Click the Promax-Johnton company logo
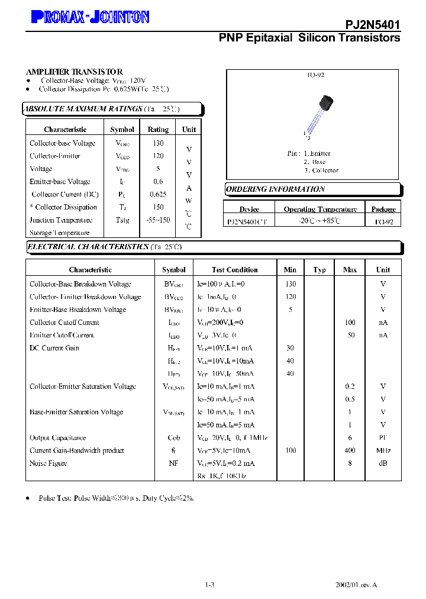click(89, 18)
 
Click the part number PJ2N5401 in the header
click(373, 24)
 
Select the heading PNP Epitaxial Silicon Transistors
click(309, 38)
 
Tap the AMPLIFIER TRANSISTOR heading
click(75, 72)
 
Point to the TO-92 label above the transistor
click(315, 75)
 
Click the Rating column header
click(158, 130)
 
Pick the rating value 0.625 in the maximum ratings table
click(158, 194)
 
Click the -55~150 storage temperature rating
click(158, 220)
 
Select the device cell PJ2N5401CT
click(247, 221)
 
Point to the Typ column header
click(319, 270)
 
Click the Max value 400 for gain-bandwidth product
click(350, 451)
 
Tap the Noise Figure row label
click(49, 463)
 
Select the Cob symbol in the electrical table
click(173, 438)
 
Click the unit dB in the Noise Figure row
click(383, 463)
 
